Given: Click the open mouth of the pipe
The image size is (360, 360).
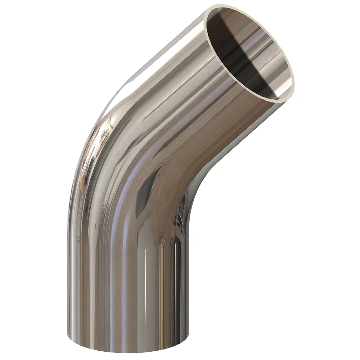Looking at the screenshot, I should tap(248, 50).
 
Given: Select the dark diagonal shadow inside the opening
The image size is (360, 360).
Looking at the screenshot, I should tap(248, 61).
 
